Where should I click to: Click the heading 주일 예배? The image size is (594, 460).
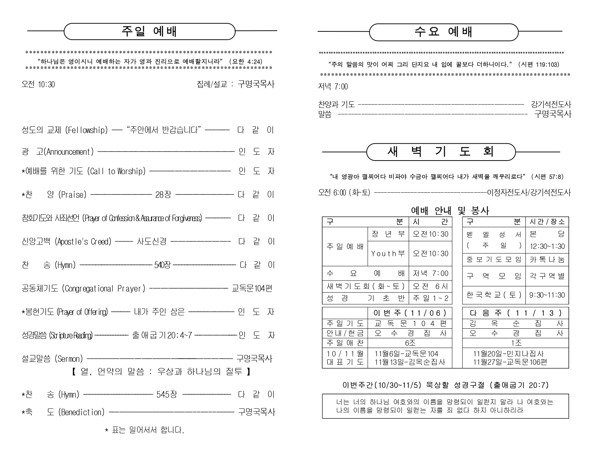(149, 32)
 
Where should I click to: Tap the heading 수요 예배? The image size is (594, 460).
(443, 32)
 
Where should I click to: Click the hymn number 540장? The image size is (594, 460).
(162, 265)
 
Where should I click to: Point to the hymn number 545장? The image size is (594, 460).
(166, 394)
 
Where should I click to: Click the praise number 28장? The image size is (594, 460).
(163, 195)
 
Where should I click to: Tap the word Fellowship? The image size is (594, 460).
(87, 130)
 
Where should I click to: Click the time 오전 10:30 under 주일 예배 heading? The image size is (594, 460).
(38, 84)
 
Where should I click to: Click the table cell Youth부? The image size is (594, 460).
(388, 254)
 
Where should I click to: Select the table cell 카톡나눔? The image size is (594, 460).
(547, 259)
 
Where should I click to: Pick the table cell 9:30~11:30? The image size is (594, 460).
(547, 295)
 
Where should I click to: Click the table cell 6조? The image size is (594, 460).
(410, 343)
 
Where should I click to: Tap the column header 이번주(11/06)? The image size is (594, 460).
(410, 313)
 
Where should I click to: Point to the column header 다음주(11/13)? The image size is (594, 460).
(516, 313)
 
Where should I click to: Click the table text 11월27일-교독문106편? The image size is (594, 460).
(510, 362)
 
